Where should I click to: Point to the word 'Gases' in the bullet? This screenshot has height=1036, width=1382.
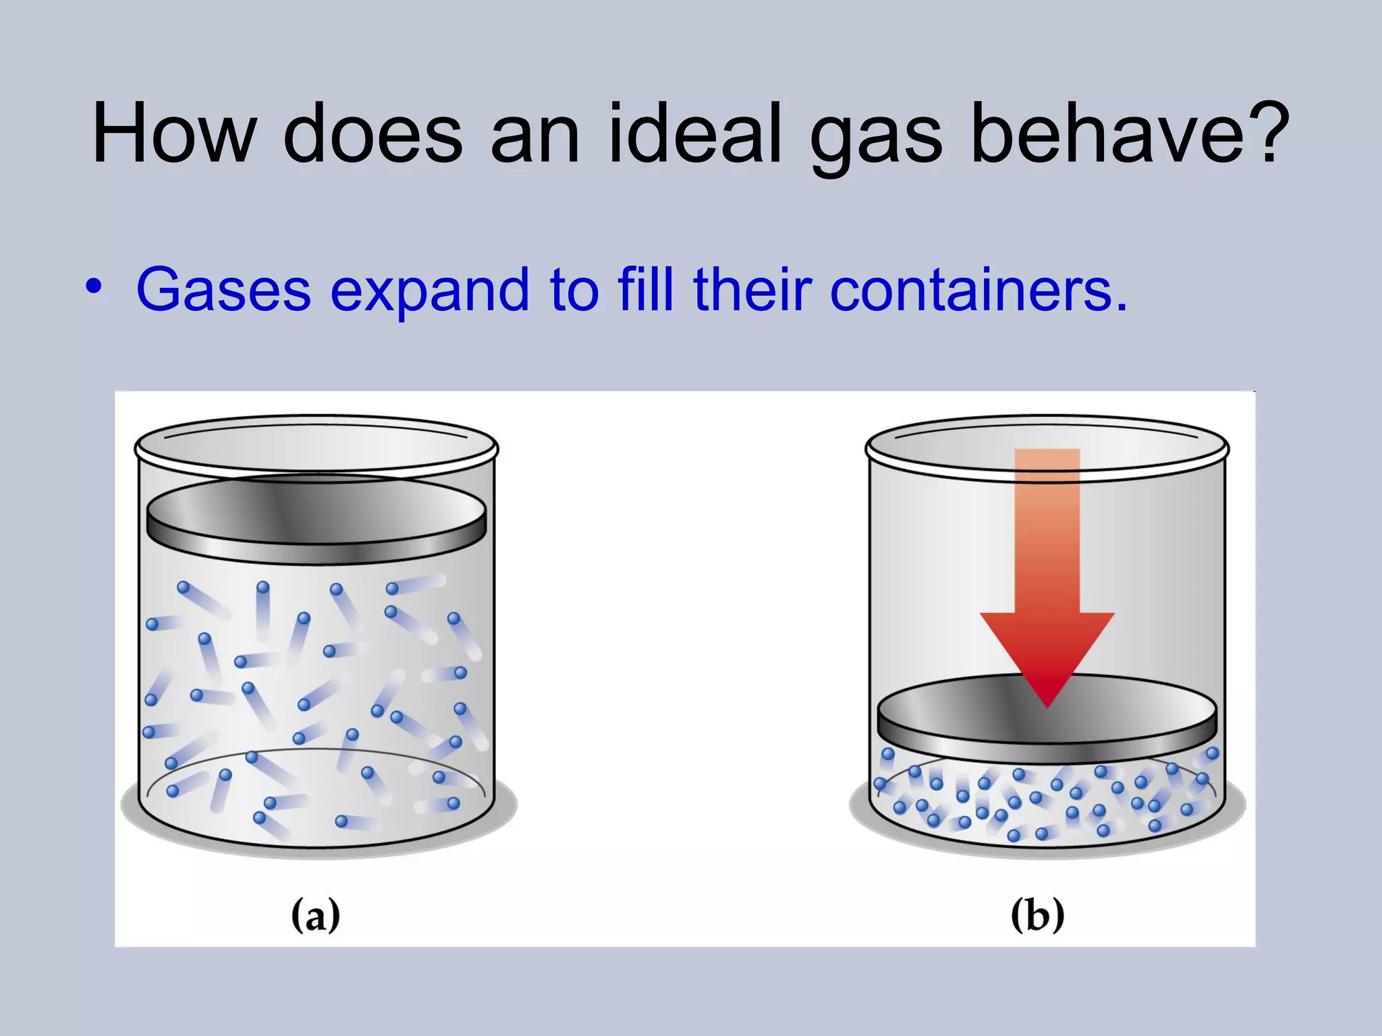pos(223,289)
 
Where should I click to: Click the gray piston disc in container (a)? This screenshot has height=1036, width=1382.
pos(316,516)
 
